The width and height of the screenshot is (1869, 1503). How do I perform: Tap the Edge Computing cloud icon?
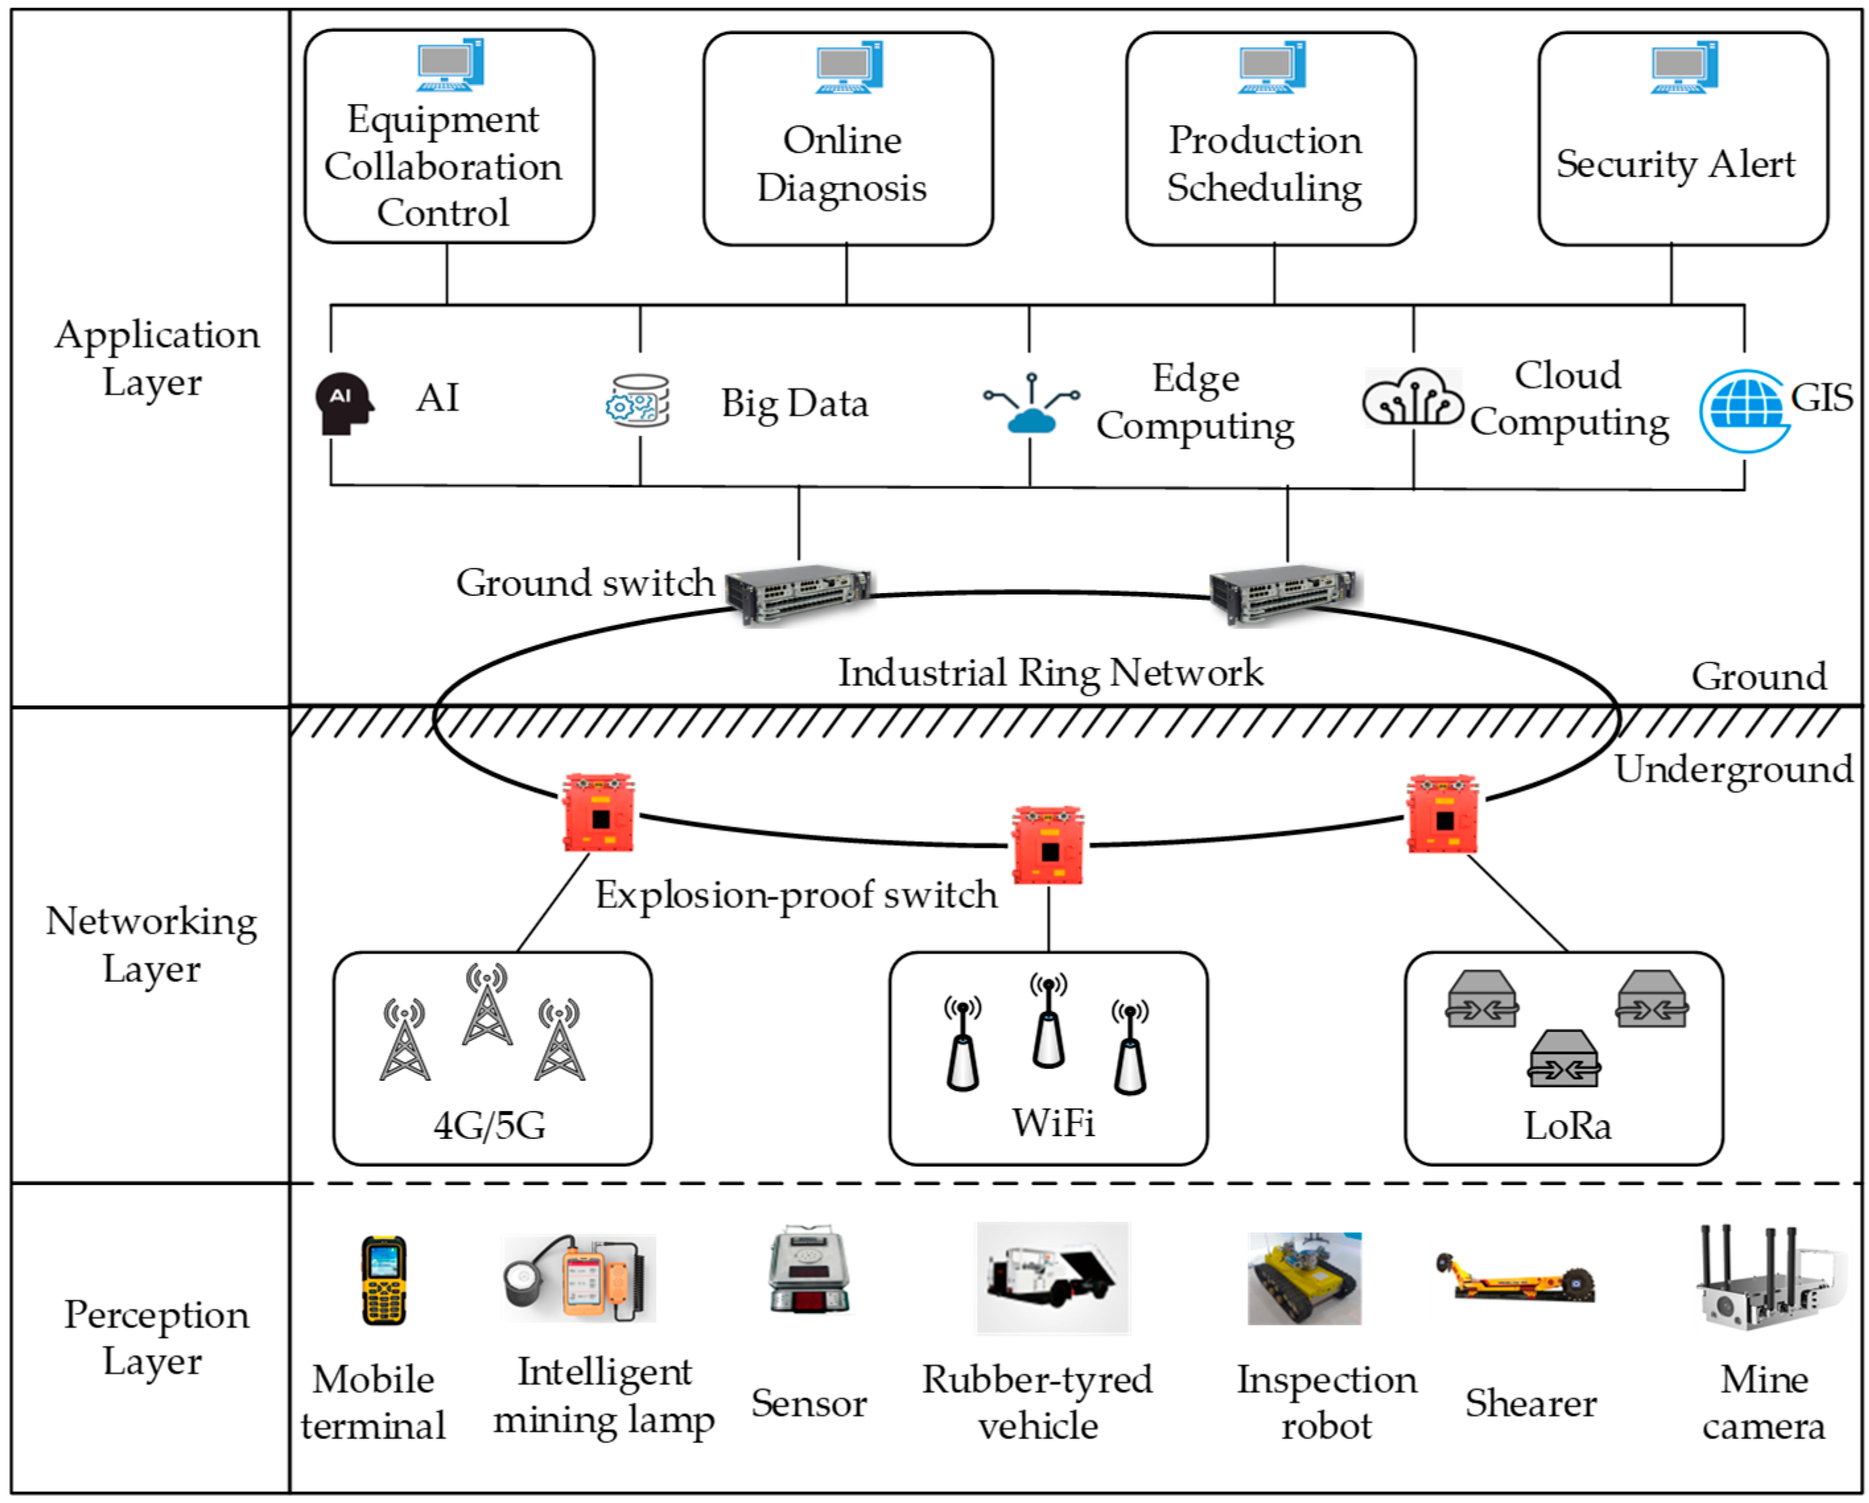click(x=1031, y=404)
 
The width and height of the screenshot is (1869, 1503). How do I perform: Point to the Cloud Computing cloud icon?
click(x=1413, y=398)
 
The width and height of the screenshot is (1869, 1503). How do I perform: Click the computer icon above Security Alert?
click(x=1684, y=67)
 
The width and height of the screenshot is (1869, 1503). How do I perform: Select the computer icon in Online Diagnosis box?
click(x=849, y=67)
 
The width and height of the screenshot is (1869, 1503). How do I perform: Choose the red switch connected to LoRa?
click(x=1443, y=815)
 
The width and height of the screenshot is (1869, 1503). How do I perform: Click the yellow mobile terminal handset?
click(x=384, y=1279)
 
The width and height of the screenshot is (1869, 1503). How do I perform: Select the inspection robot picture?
click(x=1304, y=1279)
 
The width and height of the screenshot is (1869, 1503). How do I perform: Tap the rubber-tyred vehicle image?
click(x=1053, y=1277)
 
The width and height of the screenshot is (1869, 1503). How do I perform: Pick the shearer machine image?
click(x=1515, y=1279)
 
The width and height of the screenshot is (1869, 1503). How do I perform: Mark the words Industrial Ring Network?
click(x=1050, y=672)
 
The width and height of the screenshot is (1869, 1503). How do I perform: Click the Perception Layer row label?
click(x=155, y=1338)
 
